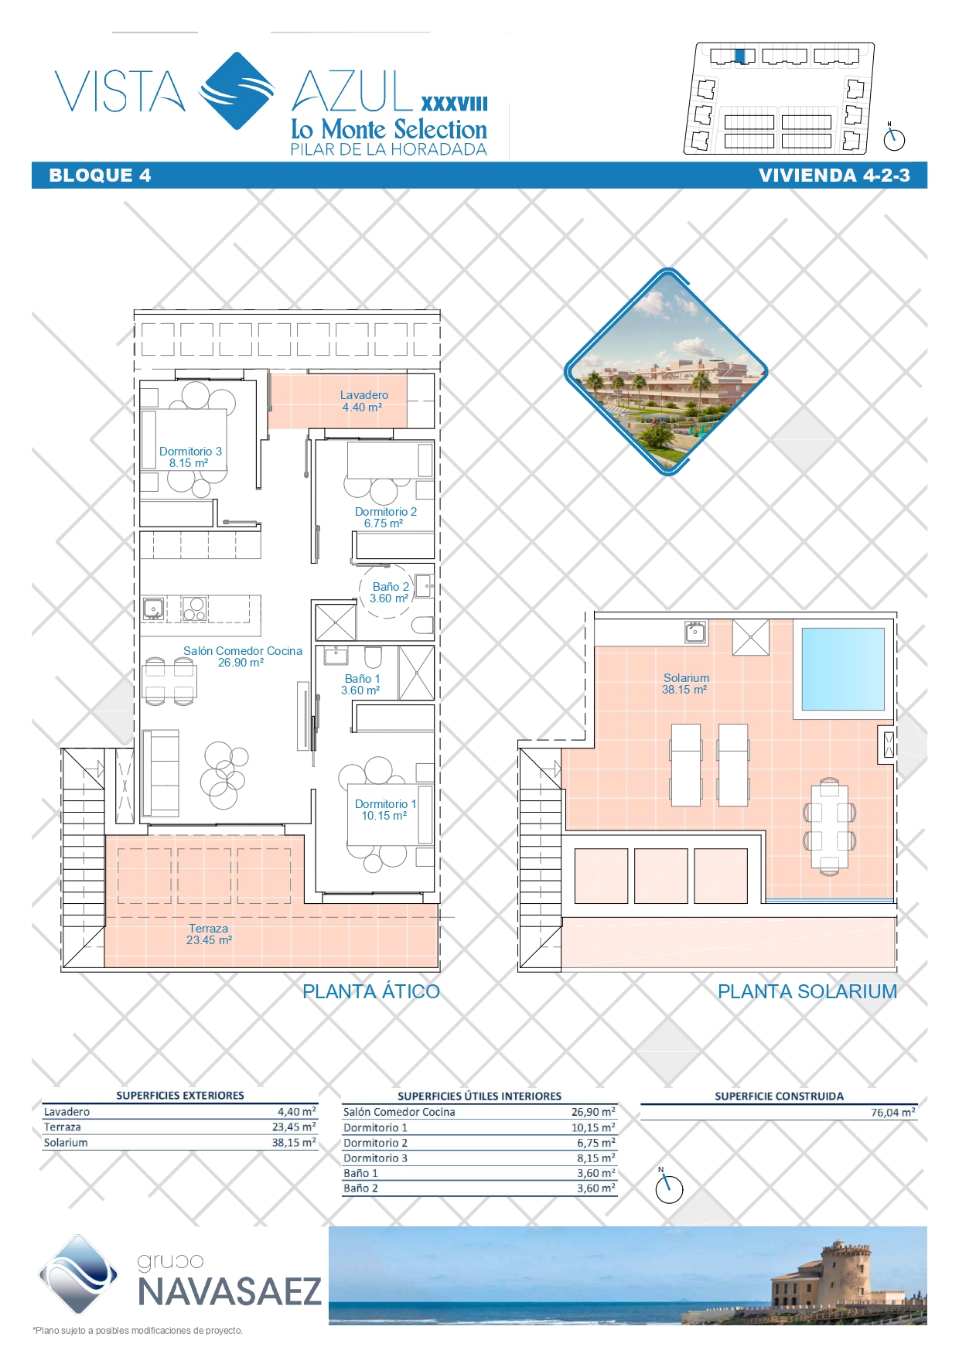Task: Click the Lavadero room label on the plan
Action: coord(364,401)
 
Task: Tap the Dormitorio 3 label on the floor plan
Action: coord(190,457)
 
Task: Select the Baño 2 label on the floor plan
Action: coord(390,592)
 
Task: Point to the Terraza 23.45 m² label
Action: coord(209,934)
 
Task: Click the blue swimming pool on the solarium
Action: coord(843,669)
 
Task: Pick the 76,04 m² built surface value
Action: coord(893,1112)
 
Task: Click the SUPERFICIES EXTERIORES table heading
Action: coord(180,1096)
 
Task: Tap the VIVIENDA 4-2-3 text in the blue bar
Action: coord(834,176)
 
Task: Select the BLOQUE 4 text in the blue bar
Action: coord(100,176)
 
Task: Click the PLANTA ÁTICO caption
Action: coord(371,991)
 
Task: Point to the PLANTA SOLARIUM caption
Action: coord(807,991)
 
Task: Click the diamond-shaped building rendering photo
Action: coord(667,372)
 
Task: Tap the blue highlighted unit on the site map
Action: coord(740,56)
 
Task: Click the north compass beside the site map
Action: coord(894,138)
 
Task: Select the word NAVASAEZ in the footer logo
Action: coord(229,1291)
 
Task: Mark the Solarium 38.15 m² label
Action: coord(685,684)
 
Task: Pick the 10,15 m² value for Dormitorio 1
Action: coord(594,1127)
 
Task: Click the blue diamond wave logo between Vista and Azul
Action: coord(237,91)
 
